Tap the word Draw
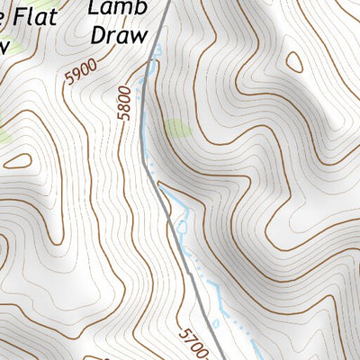click(117, 33)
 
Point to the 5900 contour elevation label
click(78, 73)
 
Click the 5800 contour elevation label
click(124, 103)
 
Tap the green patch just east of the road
click(178, 129)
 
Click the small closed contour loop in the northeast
click(294, 62)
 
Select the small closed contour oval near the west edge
click(17, 162)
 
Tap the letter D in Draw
click(97, 33)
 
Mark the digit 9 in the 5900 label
click(74, 77)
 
